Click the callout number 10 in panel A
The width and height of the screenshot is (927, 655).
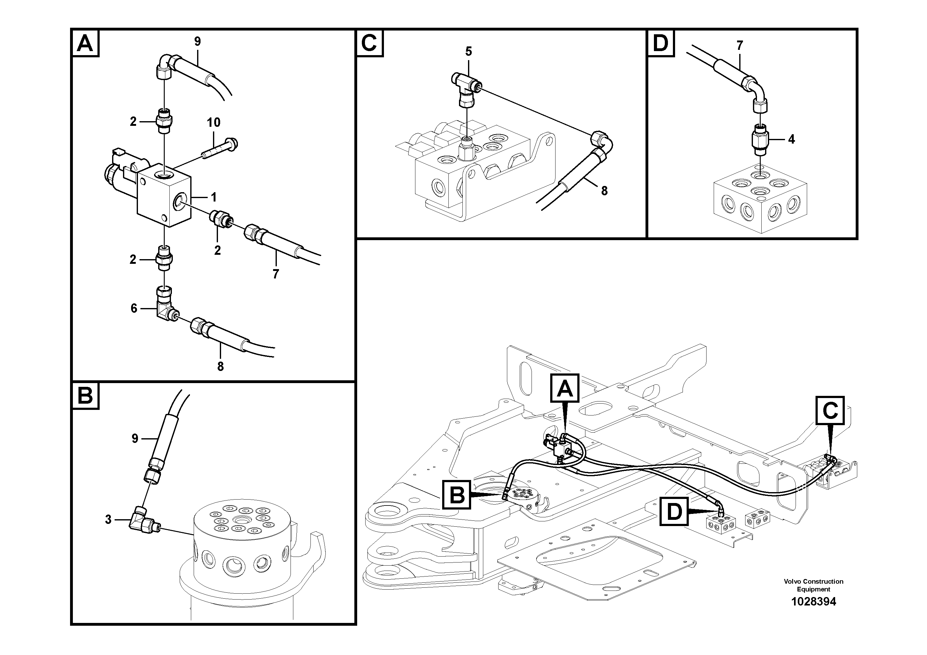coord(214,122)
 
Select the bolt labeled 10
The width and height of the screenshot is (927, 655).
coord(220,148)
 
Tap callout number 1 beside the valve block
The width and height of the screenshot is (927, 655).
coord(214,197)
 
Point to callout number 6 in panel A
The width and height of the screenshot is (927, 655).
coord(134,309)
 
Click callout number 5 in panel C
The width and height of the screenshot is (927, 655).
coord(468,51)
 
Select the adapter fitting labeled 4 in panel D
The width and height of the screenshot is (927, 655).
coord(759,139)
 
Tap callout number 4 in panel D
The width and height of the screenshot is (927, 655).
coord(791,139)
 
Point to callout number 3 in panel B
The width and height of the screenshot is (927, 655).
coord(108,519)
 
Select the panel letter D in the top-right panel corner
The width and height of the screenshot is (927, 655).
coord(660,43)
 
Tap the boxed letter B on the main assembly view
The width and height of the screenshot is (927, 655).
coord(456,494)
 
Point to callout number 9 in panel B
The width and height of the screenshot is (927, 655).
coord(135,439)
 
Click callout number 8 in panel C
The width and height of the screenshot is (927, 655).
coord(604,191)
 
